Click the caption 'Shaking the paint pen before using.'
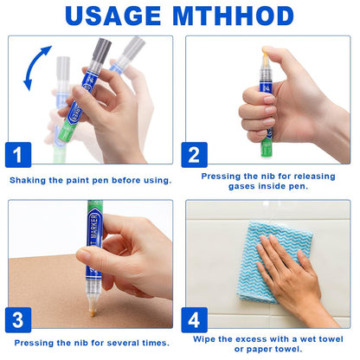pos(91,180)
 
